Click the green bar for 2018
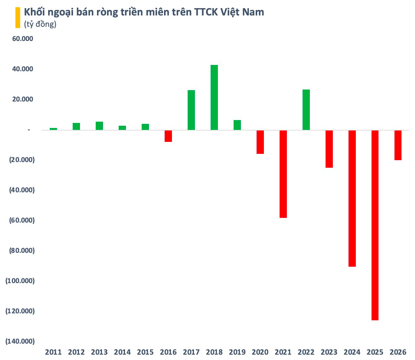pos(214,97)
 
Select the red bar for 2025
pos(375,225)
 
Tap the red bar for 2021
pos(283,174)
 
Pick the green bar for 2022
pos(306,110)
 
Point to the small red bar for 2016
pos(168,136)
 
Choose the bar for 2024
pos(352,198)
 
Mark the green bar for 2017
pos(191,110)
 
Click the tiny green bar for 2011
pos(53,129)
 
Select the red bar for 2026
pos(398,145)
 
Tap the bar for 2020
pos(260,142)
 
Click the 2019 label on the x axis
pos(237,352)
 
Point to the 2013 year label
pos(99,352)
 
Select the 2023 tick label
pos(329,352)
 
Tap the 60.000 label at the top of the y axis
pos(22,39)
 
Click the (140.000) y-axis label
pos(20,341)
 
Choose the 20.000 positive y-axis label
pos(22,99)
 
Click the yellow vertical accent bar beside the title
pos(18,18)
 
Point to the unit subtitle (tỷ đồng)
pos(40,24)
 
